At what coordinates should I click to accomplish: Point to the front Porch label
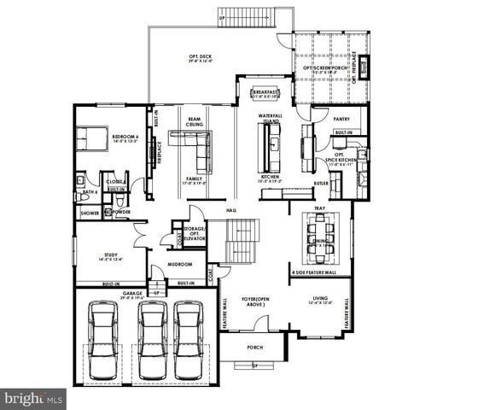[x=254, y=348]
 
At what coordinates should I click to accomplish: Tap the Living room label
[x=323, y=298]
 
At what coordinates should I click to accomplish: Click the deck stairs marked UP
[x=250, y=17]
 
